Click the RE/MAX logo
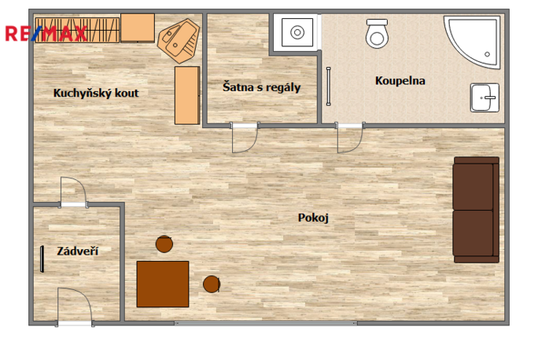click(x=46, y=34)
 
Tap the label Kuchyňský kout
click(x=96, y=94)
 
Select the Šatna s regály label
click(x=261, y=87)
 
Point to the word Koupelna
click(x=400, y=81)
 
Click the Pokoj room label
click(x=313, y=218)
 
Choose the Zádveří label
click(x=78, y=251)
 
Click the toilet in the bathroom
click(x=377, y=33)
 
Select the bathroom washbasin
click(x=485, y=97)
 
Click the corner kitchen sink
click(x=179, y=40)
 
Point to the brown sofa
click(x=476, y=210)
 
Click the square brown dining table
click(x=163, y=284)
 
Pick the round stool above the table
click(x=164, y=244)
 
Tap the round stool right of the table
click(x=212, y=284)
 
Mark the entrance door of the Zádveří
click(x=75, y=307)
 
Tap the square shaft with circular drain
click(x=297, y=32)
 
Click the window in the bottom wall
click(x=266, y=323)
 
